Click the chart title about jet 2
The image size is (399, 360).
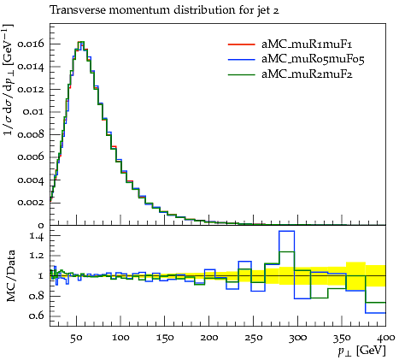(164, 10)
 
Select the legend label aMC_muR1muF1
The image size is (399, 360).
(307, 44)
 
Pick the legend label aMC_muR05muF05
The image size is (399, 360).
(313, 59)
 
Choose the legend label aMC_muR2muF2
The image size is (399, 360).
(307, 74)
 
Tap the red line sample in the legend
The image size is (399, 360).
(241, 44)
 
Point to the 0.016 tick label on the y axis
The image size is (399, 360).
(31, 44)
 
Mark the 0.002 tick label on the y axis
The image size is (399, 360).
(31, 203)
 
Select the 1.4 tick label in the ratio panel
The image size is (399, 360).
(37, 236)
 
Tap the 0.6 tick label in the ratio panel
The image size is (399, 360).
(37, 316)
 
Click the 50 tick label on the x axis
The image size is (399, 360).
(76, 338)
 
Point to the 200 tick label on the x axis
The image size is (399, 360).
(209, 338)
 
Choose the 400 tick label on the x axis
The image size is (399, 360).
(386, 338)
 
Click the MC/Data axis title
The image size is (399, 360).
(10, 275)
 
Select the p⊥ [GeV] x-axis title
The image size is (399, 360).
(361, 351)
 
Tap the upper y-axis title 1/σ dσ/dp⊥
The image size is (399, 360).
(9, 80)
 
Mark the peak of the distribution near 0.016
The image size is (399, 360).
(81, 42)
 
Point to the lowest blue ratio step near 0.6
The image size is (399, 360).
(375, 313)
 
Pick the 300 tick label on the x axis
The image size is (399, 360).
(297, 338)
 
